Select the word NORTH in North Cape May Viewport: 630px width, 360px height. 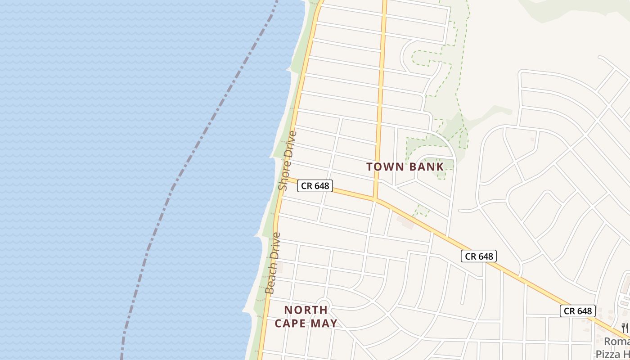306,310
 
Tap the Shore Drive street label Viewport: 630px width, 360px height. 288,160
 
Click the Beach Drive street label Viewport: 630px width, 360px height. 273,263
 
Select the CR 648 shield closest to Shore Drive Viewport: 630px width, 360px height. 315,185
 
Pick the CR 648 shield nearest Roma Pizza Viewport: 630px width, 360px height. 577,311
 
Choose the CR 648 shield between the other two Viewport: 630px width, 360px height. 479,256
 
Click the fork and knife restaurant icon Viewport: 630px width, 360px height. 625,327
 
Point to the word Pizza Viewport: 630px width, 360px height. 608,354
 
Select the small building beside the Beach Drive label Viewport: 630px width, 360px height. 279,268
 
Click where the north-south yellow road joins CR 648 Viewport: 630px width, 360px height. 375,198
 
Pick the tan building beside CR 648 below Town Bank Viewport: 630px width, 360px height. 405,221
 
